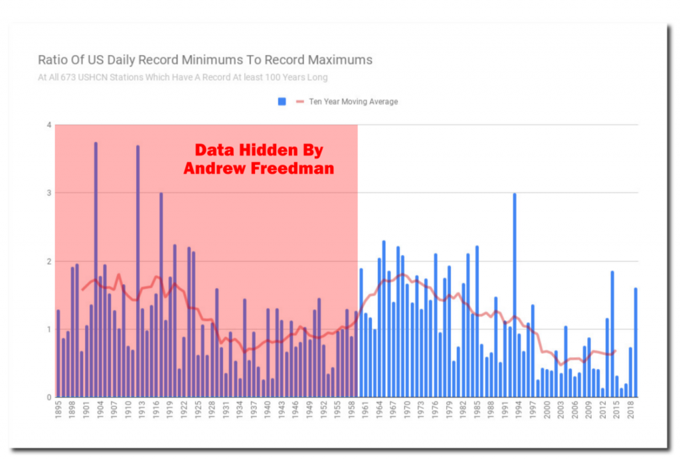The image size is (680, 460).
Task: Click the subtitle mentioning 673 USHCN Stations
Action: pyautogui.click(x=183, y=78)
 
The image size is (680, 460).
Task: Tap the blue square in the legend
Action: pyautogui.click(x=282, y=102)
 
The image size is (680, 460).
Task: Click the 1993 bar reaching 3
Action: pyautogui.click(x=515, y=295)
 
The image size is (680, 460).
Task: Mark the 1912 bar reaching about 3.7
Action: pyautogui.click(x=138, y=271)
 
